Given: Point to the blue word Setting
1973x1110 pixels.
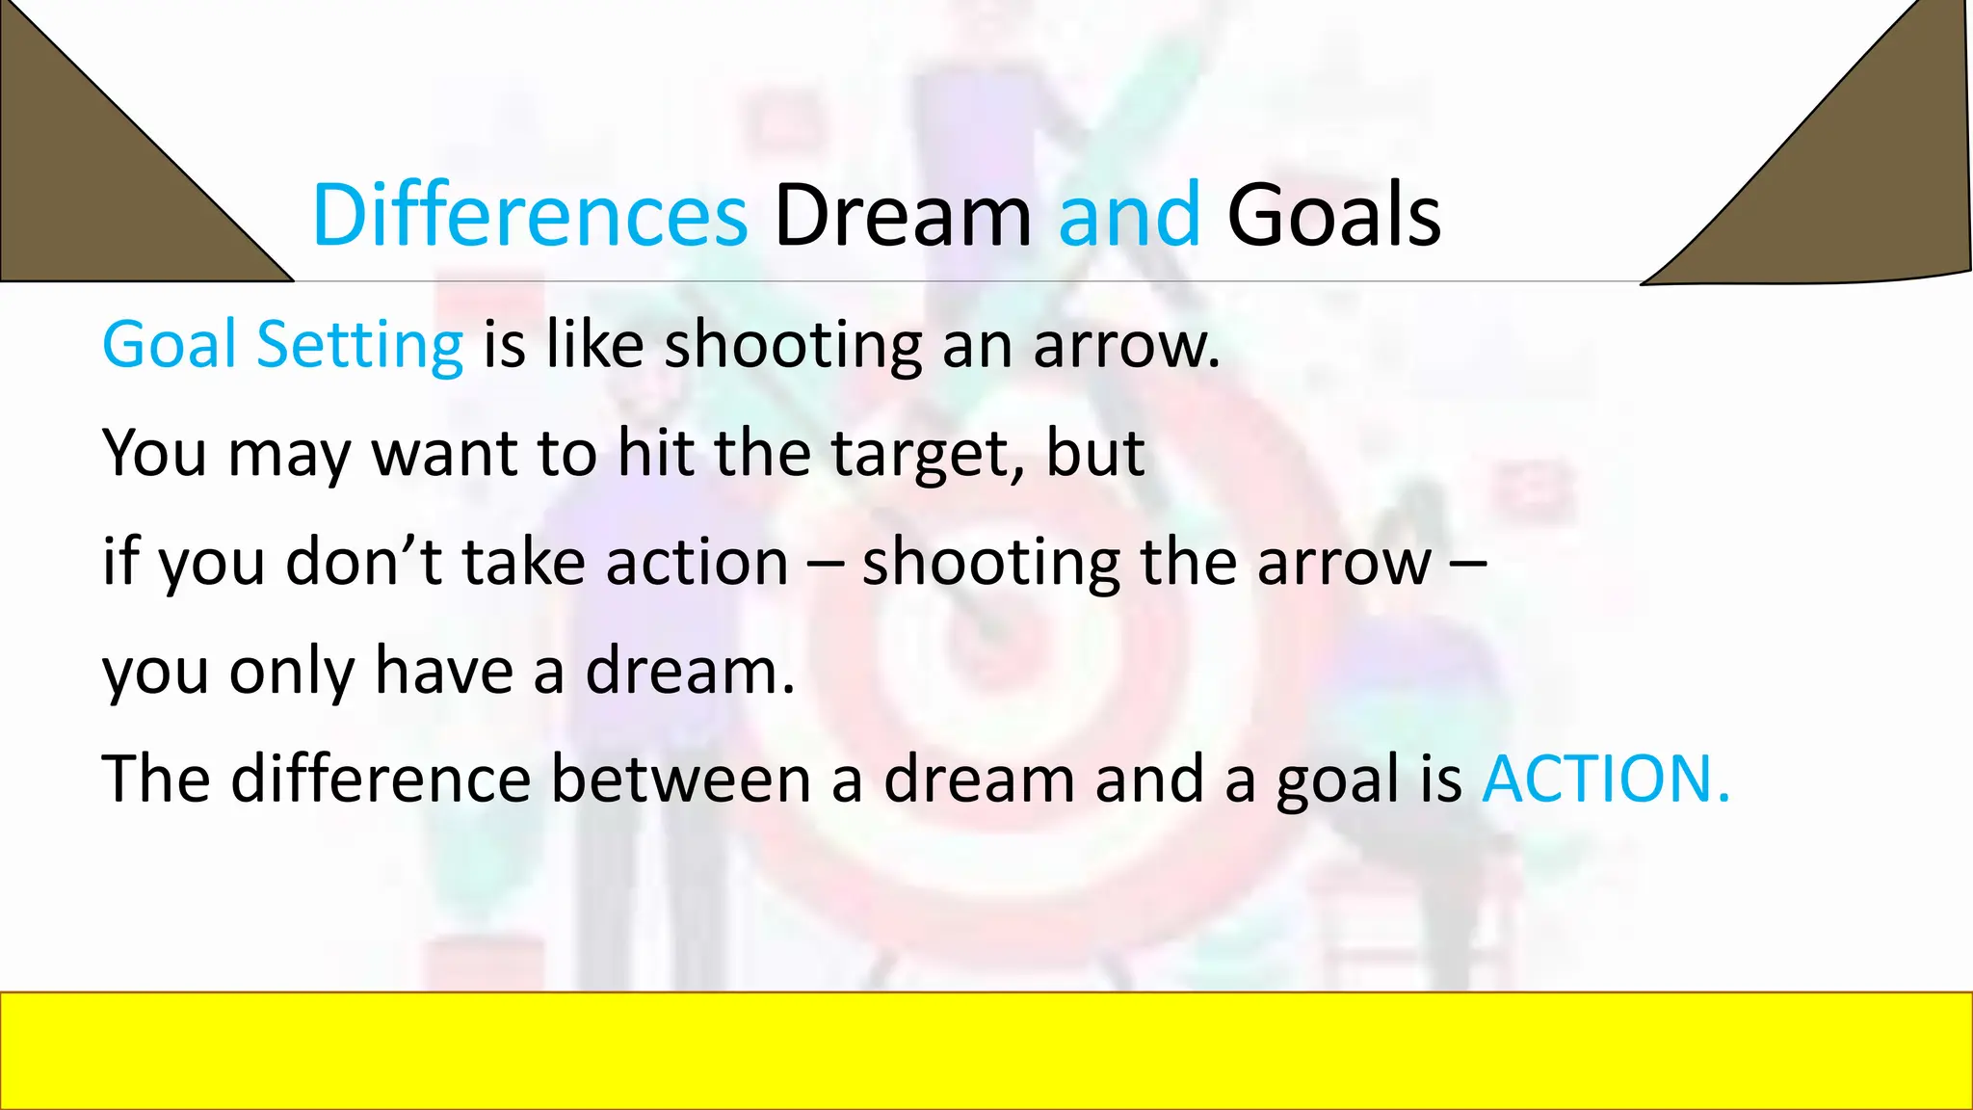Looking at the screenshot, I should click(359, 345).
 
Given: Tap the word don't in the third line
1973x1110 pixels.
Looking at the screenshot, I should click(364, 562).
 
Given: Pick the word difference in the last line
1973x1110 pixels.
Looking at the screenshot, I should click(381, 779).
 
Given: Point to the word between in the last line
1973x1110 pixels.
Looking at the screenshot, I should click(680, 779).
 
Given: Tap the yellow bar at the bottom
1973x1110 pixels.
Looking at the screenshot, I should click(986, 1050).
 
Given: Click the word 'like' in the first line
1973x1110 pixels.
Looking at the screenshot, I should click(594, 345).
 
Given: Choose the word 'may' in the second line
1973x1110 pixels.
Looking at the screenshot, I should click(289, 455).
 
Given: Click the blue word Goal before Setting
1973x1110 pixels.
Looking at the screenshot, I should click(169, 345).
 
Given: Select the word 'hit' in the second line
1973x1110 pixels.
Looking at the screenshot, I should click(655, 453).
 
